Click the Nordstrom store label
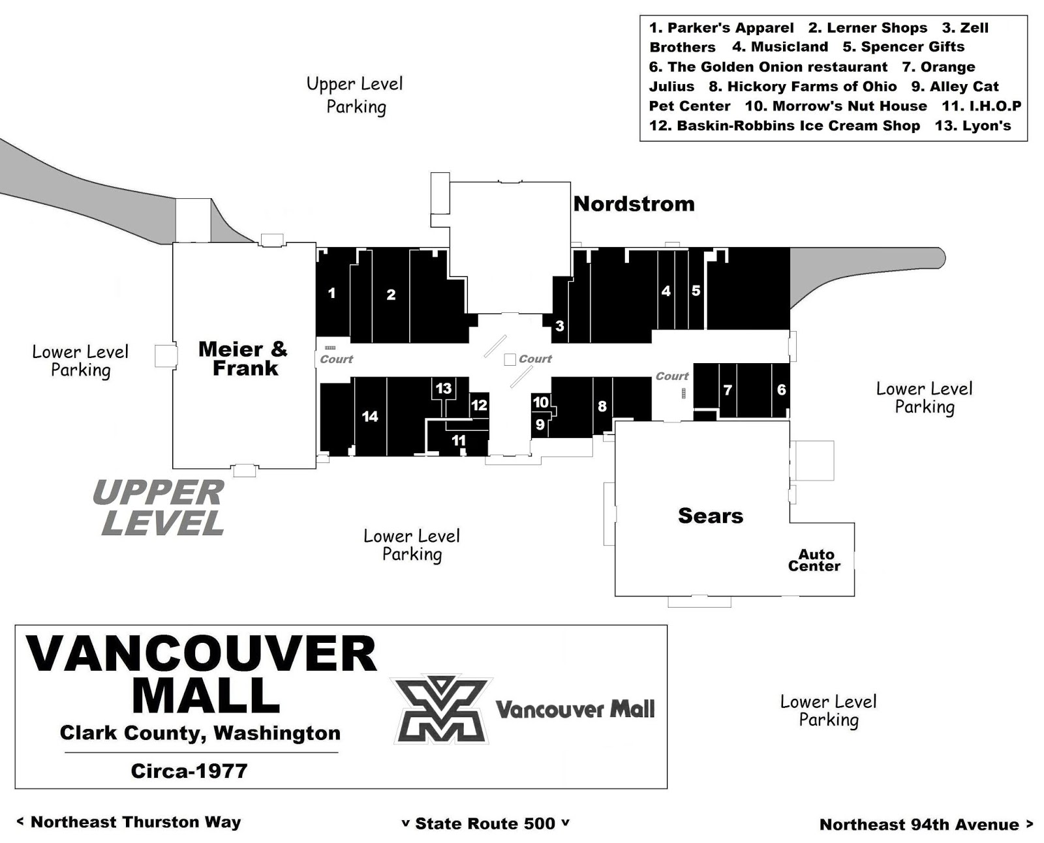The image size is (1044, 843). [x=634, y=204]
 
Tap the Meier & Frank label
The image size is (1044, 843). [x=243, y=359]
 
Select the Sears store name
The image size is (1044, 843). [x=710, y=516]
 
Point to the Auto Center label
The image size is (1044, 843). [x=814, y=560]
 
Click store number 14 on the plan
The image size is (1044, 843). [x=370, y=417]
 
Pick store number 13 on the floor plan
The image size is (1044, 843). [x=443, y=389]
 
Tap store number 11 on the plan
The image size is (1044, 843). [x=458, y=440]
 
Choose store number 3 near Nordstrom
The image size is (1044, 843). [x=560, y=326]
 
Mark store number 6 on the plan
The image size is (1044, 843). [x=781, y=389]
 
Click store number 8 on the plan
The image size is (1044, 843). [x=602, y=406]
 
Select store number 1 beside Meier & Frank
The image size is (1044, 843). [x=332, y=293]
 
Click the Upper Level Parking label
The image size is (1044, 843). [x=355, y=95]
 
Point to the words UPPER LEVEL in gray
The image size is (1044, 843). [x=159, y=507]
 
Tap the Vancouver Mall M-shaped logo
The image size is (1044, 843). [x=441, y=709]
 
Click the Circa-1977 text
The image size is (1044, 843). [x=189, y=771]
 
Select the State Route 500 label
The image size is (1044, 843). [x=485, y=823]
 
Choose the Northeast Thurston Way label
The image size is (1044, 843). [x=129, y=822]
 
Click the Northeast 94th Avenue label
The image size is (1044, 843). [x=926, y=824]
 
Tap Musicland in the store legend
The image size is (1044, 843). [x=780, y=47]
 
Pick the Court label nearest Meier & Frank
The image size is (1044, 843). [x=336, y=359]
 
